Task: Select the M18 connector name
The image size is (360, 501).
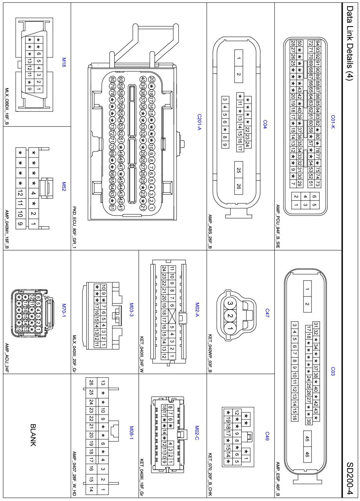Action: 64,62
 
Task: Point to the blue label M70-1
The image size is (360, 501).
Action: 64,310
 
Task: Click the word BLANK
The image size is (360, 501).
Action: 33,435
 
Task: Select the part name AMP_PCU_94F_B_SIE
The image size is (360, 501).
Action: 278,226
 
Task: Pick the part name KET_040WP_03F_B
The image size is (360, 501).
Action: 210,353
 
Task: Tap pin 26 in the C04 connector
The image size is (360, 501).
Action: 239,186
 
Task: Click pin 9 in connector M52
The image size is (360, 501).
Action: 20,224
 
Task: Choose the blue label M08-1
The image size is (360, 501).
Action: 131,433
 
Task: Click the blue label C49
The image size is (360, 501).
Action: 267,436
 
